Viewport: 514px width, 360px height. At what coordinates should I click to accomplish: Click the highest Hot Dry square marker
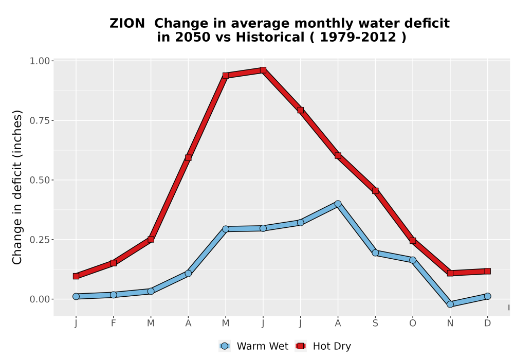(x=263, y=70)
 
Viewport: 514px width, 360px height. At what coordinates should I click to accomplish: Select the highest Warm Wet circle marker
(x=338, y=204)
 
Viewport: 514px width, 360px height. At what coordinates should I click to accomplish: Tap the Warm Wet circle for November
(x=450, y=304)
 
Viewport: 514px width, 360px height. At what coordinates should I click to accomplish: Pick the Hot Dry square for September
(x=375, y=190)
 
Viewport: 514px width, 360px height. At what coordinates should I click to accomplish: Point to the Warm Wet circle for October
(x=413, y=260)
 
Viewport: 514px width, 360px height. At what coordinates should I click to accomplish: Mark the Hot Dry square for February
(x=114, y=263)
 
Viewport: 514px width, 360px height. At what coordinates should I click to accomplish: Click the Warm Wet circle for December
(x=487, y=296)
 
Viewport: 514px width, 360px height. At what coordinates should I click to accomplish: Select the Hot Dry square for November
(x=450, y=273)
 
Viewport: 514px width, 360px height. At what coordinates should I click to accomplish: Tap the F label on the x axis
(x=114, y=323)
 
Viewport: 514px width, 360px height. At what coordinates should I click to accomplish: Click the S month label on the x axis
(x=375, y=323)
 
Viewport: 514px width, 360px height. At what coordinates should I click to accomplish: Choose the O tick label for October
(x=413, y=323)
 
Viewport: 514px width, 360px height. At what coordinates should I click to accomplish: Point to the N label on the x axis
(x=450, y=323)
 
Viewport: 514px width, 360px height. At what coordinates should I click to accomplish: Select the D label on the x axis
(x=487, y=323)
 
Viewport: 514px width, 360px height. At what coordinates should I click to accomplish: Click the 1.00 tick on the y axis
(x=40, y=61)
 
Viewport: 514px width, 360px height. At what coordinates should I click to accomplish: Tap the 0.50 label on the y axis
(x=40, y=180)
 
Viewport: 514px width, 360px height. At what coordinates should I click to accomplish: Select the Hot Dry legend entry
(x=323, y=346)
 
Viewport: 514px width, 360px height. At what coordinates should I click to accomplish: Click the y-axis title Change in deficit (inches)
(x=17, y=187)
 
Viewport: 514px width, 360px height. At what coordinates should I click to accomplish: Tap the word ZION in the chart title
(x=127, y=24)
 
